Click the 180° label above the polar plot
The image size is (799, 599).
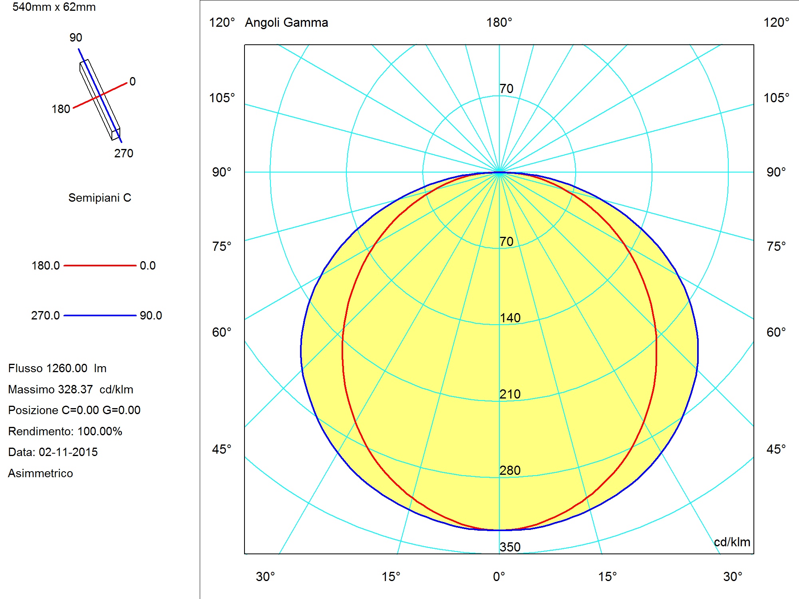499,22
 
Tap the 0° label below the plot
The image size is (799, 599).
499,577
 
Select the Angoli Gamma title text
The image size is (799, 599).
286,23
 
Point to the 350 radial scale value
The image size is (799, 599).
510,547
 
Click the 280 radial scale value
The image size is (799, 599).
510,470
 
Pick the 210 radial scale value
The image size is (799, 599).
510,394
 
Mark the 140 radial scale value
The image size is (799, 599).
510,318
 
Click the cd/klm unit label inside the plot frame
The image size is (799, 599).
732,542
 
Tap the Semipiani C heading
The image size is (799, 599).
100,198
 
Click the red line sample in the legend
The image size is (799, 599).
100,265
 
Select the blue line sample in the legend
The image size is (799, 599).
100,315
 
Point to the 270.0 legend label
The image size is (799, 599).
46,315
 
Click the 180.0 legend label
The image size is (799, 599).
46,266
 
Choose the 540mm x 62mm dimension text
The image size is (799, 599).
54,7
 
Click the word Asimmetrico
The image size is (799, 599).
40,473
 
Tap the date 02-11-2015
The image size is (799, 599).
68,452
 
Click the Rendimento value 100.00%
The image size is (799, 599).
100,431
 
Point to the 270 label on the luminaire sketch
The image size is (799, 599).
124,153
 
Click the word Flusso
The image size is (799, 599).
25,368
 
